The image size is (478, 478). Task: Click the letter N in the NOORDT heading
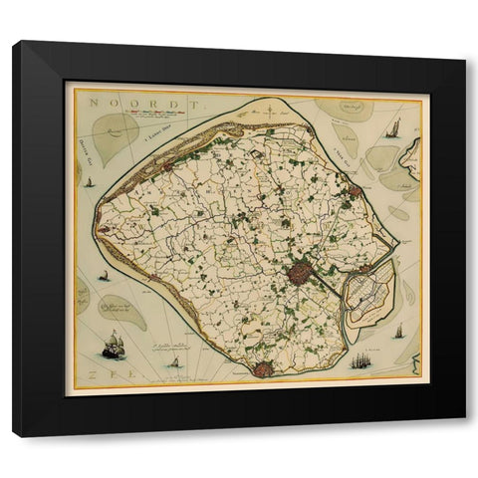pos(90,101)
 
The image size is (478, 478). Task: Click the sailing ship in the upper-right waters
pos(393,127)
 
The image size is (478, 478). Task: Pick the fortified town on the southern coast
pos(263,369)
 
